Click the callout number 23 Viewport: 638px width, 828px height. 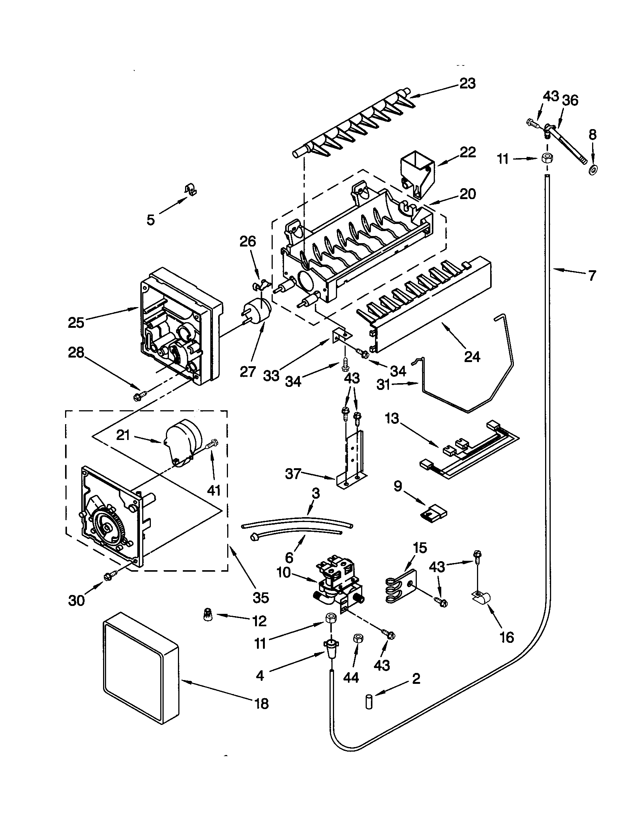[x=467, y=83]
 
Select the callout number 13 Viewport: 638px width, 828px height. [x=392, y=419]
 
